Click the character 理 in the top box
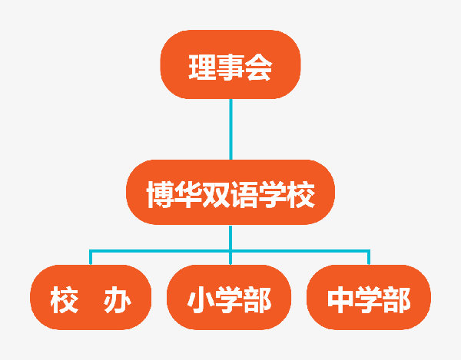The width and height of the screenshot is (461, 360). pyautogui.click(x=202, y=68)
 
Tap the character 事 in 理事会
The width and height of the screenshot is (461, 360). pyautogui.click(x=230, y=68)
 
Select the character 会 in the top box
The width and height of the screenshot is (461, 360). pyautogui.click(x=259, y=68)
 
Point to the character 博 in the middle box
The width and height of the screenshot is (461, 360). pyautogui.click(x=161, y=194)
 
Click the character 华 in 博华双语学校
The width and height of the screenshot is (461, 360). pyautogui.click(x=188, y=194)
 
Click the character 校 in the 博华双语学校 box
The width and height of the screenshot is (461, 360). pyautogui.click(x=300, y=194)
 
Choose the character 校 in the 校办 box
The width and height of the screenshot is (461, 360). pyautogui.click(x=64, y=300)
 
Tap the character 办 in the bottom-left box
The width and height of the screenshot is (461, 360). pyautogui.click(x=117, y=300)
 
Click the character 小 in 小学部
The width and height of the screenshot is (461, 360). pyautogui.click(x=201, y=300)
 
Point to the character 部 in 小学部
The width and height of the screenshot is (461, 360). pyautogui.click(x=257, y=300)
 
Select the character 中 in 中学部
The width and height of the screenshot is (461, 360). pyautogui.click(x=340, y=300)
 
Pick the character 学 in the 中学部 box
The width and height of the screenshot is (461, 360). pyautogui.click(x=369, y=300)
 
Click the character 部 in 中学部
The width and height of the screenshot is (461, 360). pyautogui.click(x=397, y=300)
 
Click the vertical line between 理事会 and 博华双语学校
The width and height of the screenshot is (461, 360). pyautogui.click(x=230, y=129)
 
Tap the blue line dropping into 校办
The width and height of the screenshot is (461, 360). pyautogui.click(x=91, y=257)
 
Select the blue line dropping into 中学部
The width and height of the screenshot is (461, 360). pyautogui.click(x=369, y=257)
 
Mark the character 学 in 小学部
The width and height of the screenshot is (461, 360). pyautogui.click(x=229, y=300)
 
